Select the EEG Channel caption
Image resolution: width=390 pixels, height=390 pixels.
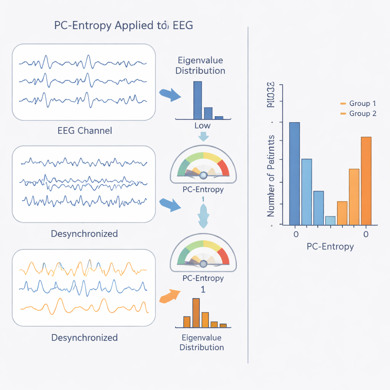85,131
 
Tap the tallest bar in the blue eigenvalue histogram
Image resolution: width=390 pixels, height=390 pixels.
198,100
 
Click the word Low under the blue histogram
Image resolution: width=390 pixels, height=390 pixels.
202,126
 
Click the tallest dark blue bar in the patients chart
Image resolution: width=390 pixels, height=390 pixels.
294,173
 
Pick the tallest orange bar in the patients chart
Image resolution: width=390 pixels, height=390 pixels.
366,181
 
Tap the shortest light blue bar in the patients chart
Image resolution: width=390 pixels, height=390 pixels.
330,221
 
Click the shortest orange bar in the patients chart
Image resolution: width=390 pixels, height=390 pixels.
342,213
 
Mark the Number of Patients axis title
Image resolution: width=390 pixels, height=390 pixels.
271,176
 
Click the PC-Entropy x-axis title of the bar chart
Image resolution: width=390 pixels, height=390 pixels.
330,246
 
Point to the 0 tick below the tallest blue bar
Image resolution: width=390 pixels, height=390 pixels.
296,234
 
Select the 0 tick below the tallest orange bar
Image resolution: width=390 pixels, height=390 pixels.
366,234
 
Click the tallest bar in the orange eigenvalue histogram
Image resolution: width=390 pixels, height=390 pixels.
196,313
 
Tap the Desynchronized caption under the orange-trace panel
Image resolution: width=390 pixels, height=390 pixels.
84,337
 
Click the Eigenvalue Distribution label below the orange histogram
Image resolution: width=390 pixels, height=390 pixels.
201,342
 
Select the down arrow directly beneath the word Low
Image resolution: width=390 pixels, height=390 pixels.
203,136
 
